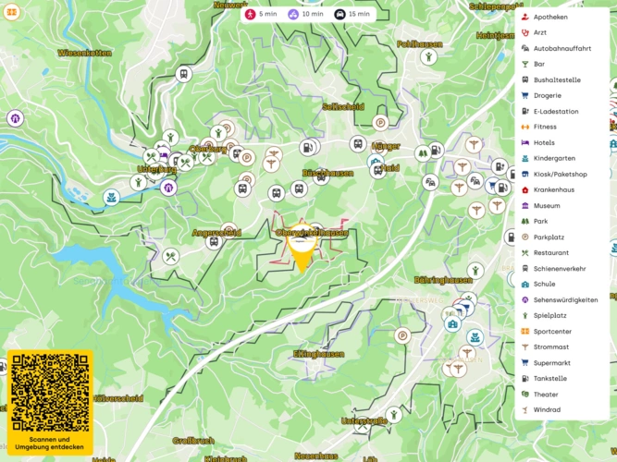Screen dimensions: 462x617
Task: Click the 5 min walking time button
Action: [x=261, y=14]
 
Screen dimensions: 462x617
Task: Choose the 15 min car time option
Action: [x=352, y=14]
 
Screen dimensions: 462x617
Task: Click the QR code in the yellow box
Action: [x=50, y=392]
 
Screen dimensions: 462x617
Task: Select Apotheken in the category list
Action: [x=550, y=17]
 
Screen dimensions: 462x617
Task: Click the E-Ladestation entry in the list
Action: [x=556, y=112]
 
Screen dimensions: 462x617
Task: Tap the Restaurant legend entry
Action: [x=551, y=252]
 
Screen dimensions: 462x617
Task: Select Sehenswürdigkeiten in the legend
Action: [x=565, y=299]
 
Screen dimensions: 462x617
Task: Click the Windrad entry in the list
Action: [x=547, y=409]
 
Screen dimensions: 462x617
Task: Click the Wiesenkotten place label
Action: [x=84, y=54]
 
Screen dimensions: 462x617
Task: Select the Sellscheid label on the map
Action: [x=343, y=106]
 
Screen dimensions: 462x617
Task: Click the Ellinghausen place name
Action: [x=318, y=353]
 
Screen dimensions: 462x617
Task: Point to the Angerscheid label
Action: [x=216, y=233]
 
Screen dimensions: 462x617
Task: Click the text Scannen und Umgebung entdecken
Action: [x=50, y=443]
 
